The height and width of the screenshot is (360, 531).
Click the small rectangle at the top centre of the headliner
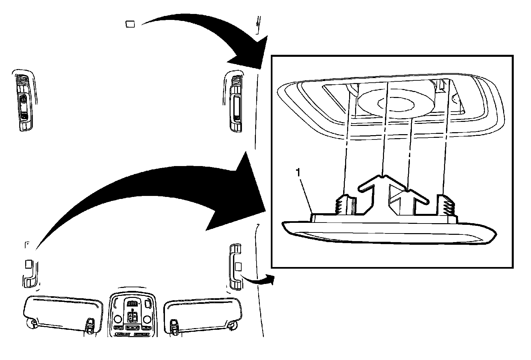point(130,24)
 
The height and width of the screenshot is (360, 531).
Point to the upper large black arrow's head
point(252,53)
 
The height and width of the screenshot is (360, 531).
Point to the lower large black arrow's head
point(242,193)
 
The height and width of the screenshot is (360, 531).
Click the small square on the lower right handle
point(238,266)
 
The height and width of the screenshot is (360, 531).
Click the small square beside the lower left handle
point(29,263)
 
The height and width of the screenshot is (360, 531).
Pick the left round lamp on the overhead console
point(117,319)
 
